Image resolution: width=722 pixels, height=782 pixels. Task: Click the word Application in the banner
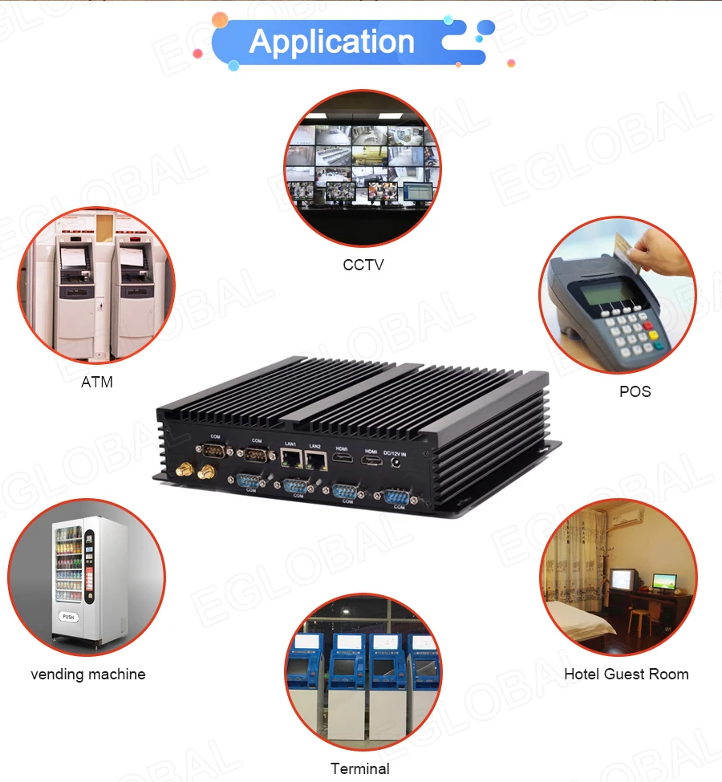331,41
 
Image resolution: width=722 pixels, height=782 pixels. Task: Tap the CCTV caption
363,264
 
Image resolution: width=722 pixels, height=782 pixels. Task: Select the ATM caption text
97,382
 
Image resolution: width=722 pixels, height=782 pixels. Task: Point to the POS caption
635,391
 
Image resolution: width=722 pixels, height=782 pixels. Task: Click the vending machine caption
88,674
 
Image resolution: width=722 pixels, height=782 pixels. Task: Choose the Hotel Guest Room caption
626,674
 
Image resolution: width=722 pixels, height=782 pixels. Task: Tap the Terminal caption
359,768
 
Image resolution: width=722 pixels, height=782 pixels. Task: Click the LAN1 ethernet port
291,460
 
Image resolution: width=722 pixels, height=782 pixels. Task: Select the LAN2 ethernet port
316,460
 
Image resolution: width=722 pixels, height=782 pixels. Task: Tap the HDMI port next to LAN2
342,460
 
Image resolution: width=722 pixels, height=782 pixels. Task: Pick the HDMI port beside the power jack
371,463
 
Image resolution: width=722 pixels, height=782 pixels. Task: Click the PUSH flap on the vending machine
69,618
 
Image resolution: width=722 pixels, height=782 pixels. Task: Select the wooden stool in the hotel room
638,618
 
